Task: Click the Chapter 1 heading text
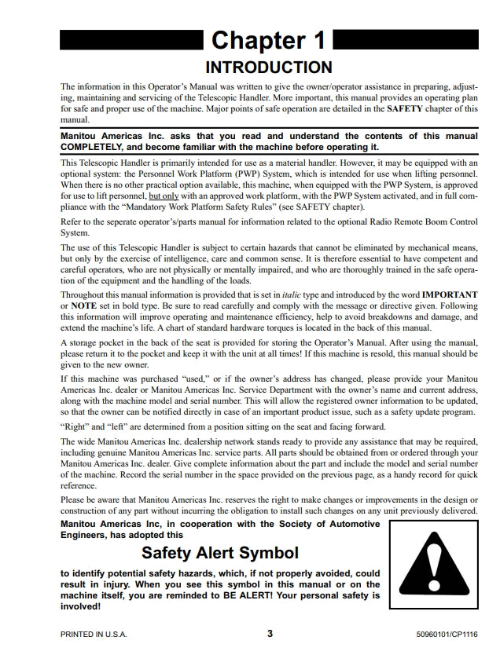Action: click(x=268, y=40)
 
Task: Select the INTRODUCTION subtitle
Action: click(x=268, y=67)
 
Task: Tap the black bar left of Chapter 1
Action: click(x=131, y=39)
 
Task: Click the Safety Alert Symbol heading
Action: click(x=220, y=554)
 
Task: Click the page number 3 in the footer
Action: click(x=270, y=634)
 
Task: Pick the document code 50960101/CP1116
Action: click(x=447, y=635)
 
